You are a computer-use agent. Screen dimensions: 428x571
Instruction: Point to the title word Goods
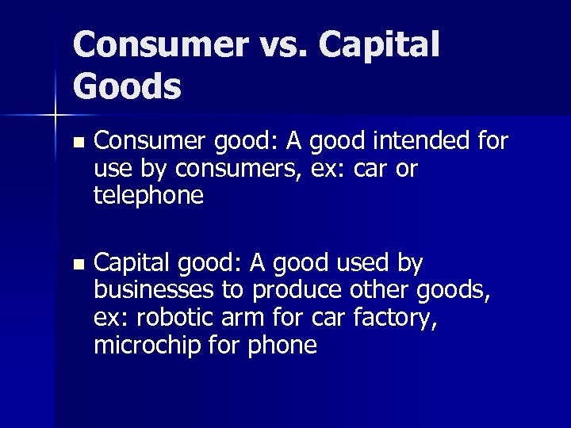point(127,86)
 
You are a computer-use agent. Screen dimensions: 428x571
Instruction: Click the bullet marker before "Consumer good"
point(77,144)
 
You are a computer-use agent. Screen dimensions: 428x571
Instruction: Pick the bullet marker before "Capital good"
point(77,265)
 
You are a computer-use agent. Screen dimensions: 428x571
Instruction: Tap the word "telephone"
point(148,195)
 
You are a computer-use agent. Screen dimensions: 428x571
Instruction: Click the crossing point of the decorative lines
point(56,117)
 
